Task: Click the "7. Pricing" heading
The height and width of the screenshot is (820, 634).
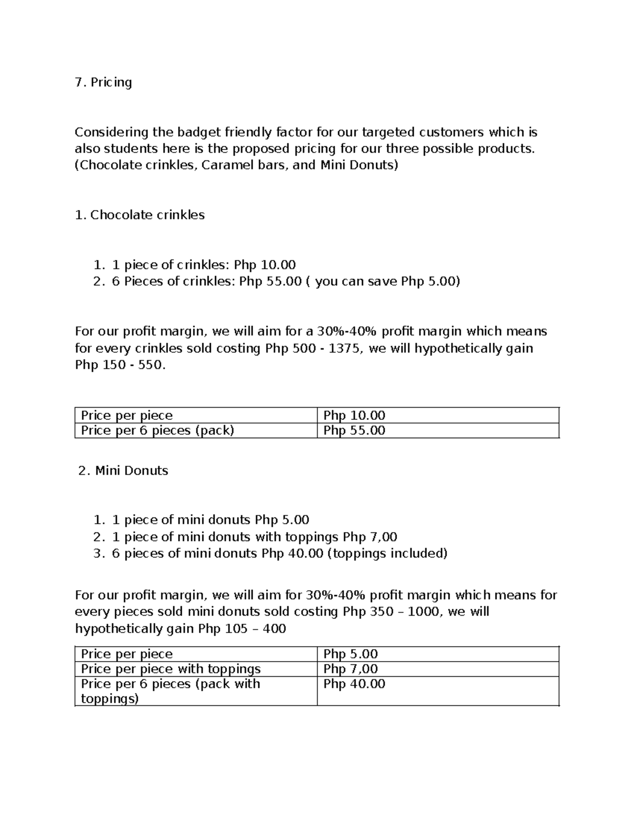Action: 104,82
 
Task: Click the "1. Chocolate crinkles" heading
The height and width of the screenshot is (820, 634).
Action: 140,215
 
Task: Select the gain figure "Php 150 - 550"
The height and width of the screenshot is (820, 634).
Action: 120,365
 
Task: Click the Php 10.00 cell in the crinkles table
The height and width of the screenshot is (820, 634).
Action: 354,416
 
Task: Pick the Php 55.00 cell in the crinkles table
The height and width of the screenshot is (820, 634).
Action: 354,431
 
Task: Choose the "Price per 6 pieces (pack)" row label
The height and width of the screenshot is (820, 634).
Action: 157,431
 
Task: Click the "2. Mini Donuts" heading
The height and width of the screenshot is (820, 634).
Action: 123,470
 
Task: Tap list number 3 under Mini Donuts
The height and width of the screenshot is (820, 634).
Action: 98,553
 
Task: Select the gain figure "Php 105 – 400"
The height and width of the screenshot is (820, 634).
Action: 242,629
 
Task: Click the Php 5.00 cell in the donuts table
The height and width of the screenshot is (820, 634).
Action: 351,654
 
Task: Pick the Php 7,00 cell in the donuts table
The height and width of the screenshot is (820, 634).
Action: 351,669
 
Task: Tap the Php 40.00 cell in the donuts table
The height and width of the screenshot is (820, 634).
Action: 354,684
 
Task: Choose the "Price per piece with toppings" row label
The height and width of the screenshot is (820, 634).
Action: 171,669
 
